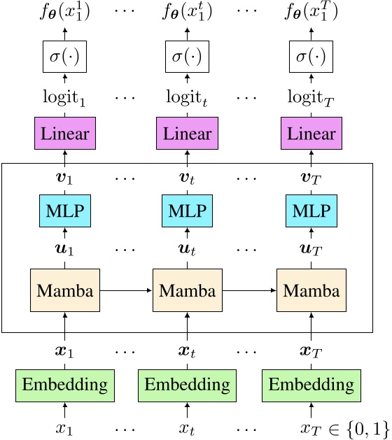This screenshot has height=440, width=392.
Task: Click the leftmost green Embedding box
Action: pos(65,384)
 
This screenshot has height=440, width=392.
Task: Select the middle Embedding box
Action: pos(187,384)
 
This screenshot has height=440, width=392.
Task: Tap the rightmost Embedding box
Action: pos(311,384)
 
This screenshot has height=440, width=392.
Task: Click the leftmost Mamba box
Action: pos(65,290)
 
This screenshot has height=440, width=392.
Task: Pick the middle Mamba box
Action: pos(187,290)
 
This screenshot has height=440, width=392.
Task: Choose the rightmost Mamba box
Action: pos(311,290)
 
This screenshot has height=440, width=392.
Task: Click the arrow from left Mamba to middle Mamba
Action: pos(126,290)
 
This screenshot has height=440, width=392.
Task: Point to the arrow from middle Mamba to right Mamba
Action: pos(249,290)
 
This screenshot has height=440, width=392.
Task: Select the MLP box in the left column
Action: pos(65,210)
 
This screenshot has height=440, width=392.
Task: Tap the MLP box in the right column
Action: pos(311,210)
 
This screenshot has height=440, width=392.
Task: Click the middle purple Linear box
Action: pos(187,133)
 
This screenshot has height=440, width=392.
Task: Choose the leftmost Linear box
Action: pos(65,133)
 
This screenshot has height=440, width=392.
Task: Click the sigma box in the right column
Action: pos(311,55)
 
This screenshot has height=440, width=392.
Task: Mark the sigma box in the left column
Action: pos(65,55)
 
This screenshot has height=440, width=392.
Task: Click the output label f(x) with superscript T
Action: pos(311,12)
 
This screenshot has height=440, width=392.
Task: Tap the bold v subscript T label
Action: pos(311,172)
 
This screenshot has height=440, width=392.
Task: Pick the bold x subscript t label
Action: pos(187,346)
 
